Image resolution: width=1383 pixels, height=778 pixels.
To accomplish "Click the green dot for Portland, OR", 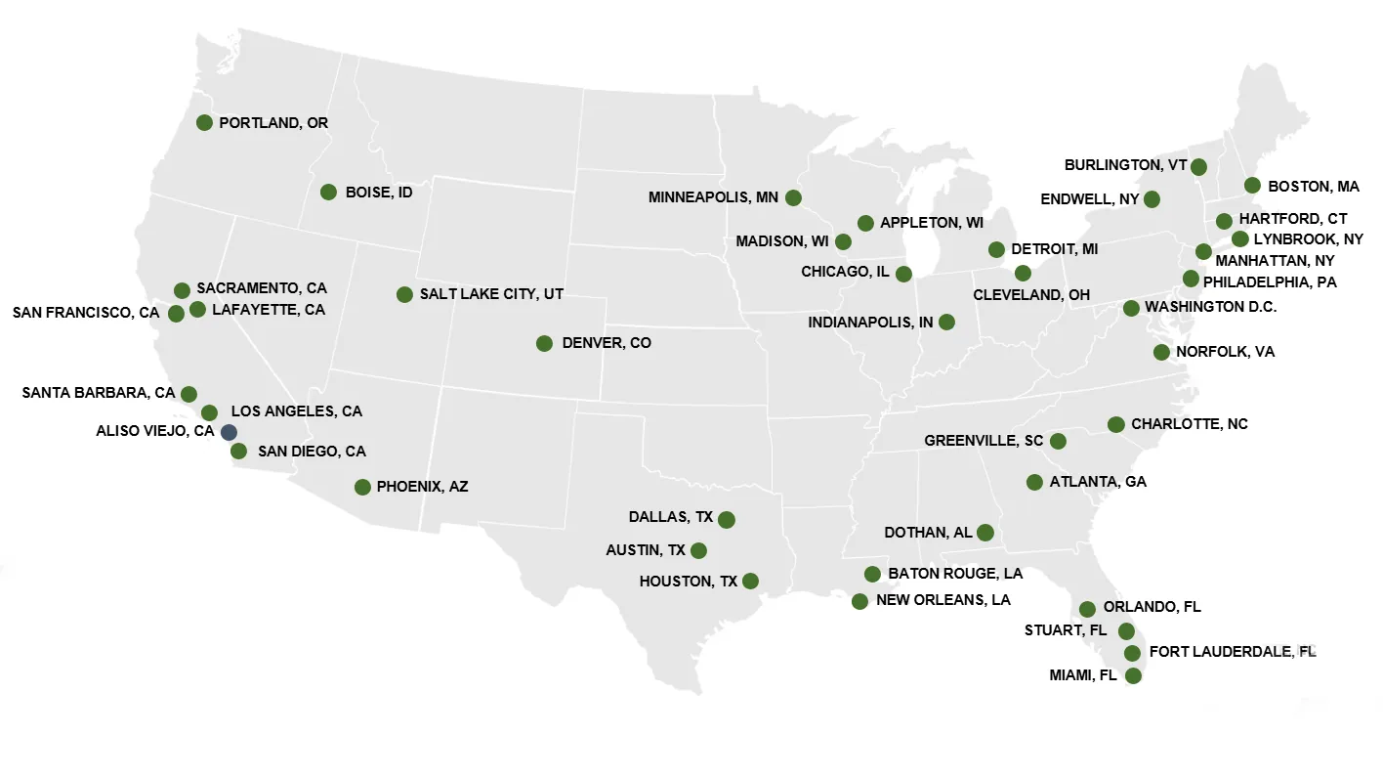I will pyautogui.click(x=204, y=122).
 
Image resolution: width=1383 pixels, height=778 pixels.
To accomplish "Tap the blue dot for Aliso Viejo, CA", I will pyautogui.click(x=229, y=431).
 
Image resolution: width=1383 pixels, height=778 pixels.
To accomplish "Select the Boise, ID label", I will pyautogui.click(x=379, y=193).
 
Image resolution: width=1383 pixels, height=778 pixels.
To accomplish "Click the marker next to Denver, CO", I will pyautogui.click(x=544, y=343).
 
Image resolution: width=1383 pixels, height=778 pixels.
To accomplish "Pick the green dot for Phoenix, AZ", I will pyautogui.click(x=362, y=487).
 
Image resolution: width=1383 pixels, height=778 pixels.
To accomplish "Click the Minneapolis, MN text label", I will pyautogui.click(x=713, y=197).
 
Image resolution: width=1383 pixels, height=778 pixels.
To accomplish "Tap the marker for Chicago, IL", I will pyautogui.click(x=903, y=274).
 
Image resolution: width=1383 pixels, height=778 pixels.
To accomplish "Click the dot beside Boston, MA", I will pyautogui.click(x=1252, y=185).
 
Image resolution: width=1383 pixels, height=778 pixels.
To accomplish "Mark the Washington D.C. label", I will pyautogui.click(x=1210, y=307).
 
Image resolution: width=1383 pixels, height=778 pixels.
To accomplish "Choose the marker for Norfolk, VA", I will pyautogui.click(x=1161, y=352).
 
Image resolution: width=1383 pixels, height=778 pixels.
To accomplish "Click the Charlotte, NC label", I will pyautogui.click(x=1189, y=424).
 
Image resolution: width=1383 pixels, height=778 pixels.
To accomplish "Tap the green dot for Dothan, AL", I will pyautogui.click(x=985, y=533).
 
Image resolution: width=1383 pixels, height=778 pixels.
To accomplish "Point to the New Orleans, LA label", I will pyautogui.click(x=943, y=600).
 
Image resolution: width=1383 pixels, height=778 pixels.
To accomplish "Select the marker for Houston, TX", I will pyautogui.click(x=750, y=581).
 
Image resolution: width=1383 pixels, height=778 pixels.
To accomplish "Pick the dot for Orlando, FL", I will pyautogui.click(x=1087, y=609).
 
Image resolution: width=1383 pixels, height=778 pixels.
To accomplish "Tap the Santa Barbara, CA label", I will pyautogui.click(x=98, y=393).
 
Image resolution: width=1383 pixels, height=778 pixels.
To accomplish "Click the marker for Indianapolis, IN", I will pyautogui.click(x=946, y=322).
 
